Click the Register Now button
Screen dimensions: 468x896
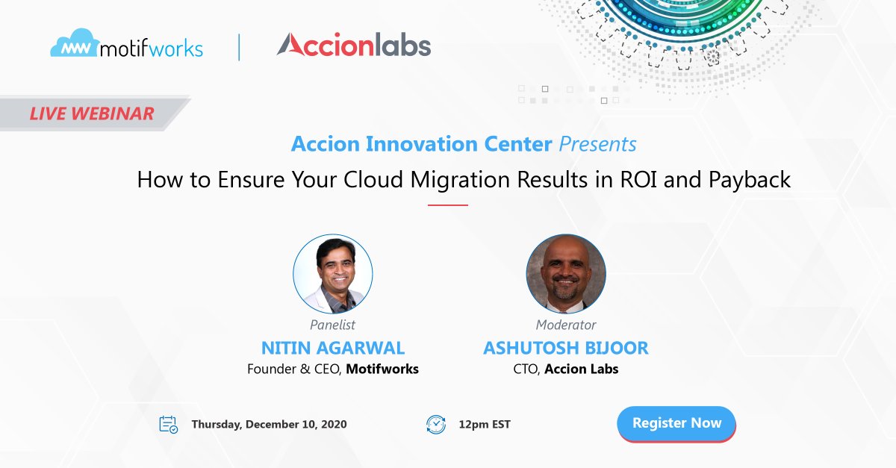coord(676,423)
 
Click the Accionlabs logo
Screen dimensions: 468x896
coord(353,46)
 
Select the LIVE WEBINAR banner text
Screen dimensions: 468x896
coord(92,113)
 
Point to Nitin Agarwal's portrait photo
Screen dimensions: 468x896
coord(332,273)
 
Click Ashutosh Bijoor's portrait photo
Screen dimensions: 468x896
coord(566,273)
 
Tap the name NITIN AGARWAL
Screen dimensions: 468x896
coord(333,348)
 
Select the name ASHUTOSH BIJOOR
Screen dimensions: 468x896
coord(566,348)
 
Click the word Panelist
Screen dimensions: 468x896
coord(332,325)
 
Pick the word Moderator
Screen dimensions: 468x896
coord(566,325)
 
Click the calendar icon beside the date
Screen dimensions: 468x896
coord(169,425)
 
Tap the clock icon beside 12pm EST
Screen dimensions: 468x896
coord(435,425)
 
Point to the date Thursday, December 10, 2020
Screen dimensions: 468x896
coord(269,425)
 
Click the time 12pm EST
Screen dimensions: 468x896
coord(485,425)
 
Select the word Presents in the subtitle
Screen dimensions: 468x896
coord(598,143)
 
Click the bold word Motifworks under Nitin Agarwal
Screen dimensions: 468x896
coord(382,369)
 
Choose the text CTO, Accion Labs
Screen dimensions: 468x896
coord(565,369)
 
